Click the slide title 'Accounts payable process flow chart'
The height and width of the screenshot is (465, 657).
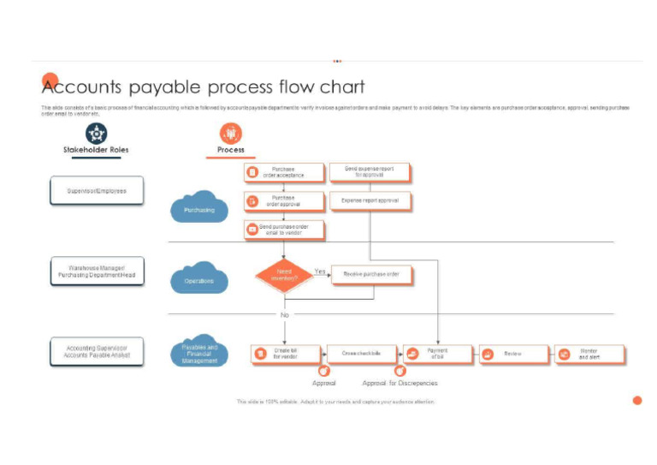coord(204,86)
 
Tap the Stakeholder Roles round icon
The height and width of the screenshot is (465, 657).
coord(97,133)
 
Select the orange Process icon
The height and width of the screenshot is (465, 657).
coord(230,133)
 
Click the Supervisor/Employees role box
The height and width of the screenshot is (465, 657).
coord(97,190)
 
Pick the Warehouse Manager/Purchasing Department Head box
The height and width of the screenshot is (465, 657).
coord(97,271)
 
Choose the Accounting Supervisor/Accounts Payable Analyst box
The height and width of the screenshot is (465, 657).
coord(97,351)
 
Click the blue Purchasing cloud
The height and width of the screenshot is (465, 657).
coord(199,208)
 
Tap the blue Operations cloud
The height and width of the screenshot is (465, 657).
coord(199,279)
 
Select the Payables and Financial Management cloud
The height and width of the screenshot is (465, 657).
coord(199,353)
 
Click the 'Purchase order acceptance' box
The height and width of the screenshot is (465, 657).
coord(284,172)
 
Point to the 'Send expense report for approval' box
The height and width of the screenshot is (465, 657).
coord(370,172)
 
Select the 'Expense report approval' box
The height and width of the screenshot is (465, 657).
coord(370,201)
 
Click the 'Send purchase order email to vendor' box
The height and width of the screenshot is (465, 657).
coord(284,229)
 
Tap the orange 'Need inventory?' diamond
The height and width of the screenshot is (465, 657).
coord(284,275)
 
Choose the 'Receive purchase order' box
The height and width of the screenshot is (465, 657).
coord(371,275)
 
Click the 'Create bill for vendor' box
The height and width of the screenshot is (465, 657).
coord(285,354)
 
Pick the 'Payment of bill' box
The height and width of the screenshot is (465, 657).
coord(437,354)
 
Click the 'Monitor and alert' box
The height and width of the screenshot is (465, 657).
coord(589,354)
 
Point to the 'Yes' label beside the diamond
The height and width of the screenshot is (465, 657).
coord(321,271)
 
